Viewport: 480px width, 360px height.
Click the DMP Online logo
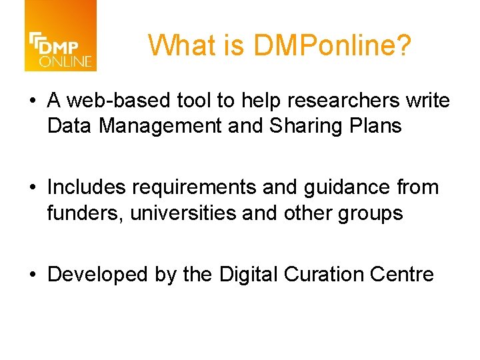click(x=61, y=36)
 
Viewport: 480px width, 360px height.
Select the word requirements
click(x=195, y=188)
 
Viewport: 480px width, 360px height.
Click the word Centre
click(x=402, y=274)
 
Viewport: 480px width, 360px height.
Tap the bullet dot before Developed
click(x=33, y=275)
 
